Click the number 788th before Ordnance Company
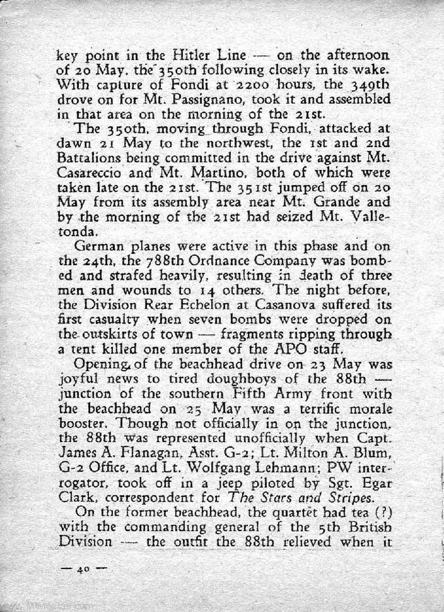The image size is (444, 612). tap(147, 261)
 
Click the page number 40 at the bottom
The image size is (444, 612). tap(82, 570)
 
